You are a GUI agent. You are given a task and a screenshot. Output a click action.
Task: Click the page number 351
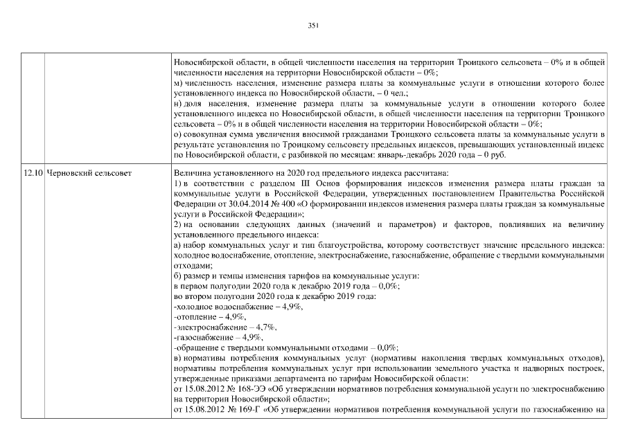[x=312, y=26]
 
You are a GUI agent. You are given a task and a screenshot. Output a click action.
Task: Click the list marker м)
[x=177, y=82]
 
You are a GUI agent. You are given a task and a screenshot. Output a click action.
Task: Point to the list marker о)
[x=177, y=135]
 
